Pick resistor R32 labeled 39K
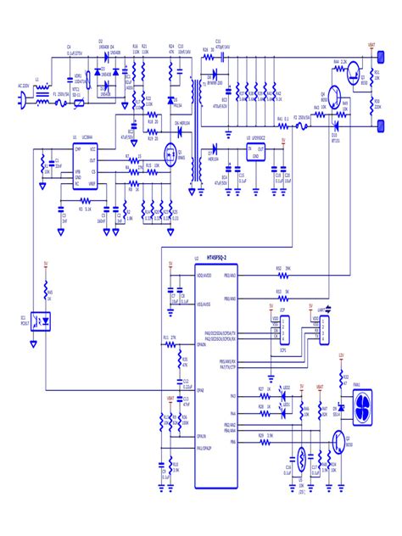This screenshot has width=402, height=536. tap(278, 274)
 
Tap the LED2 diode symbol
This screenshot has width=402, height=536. tap(285, 393)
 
